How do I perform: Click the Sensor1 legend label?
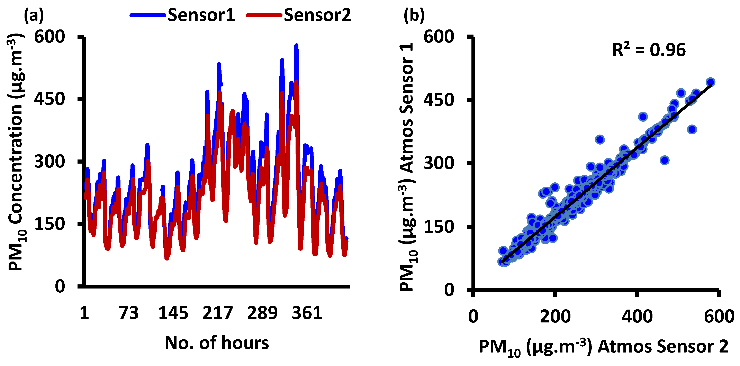(x=201, y=15)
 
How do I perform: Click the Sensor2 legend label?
(x=317, y=15)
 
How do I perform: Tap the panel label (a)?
(x=34, y=15)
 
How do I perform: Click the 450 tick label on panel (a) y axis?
(x=50, y=99)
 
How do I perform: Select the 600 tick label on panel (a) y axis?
(x=50, y=37)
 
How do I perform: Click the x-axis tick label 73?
(x=129, y=313)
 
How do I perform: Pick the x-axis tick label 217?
(x=217, y=313)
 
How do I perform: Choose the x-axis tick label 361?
(x=307, y=313)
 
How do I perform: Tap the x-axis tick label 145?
(x=173, y=313)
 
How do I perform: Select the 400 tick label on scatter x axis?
(x=637, y=316)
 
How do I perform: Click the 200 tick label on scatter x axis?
(x=555, y=316)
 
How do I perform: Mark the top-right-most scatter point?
(x=710, y=82)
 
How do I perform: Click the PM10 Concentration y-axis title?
(x=16, y=152)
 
